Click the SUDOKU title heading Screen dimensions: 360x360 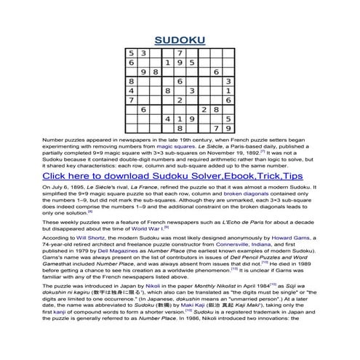(x=180, y=40)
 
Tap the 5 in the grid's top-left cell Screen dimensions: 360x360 (x=131, y=53)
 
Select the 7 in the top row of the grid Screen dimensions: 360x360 (x=179, y=53)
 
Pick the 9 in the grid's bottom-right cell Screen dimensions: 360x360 (x=228, y=127)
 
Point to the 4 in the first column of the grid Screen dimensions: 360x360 (x=131, y=90)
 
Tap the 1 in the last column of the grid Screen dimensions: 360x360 (x=228, y=90)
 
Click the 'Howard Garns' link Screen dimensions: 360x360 (x=289, y=239)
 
